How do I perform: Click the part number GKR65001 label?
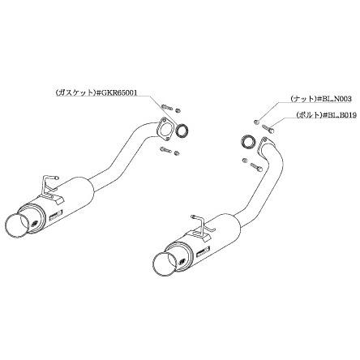(117, 92)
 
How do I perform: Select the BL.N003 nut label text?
(334, 99)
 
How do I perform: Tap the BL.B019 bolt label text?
(340, 115)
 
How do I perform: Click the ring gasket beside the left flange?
(182, 130)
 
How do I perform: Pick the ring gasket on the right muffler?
(247, 141)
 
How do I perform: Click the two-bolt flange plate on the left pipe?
(164, 129)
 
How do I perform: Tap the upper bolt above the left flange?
(167, 107)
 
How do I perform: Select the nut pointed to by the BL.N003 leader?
(257, 122)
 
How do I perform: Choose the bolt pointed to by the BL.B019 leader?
(268, 128)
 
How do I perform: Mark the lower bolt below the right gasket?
(256, 166)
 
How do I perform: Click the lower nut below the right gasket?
(245, 161)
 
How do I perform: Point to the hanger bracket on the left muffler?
(51, 187)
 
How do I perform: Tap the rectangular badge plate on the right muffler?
(204, 251)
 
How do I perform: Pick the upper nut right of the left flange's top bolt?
(178, 110)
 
